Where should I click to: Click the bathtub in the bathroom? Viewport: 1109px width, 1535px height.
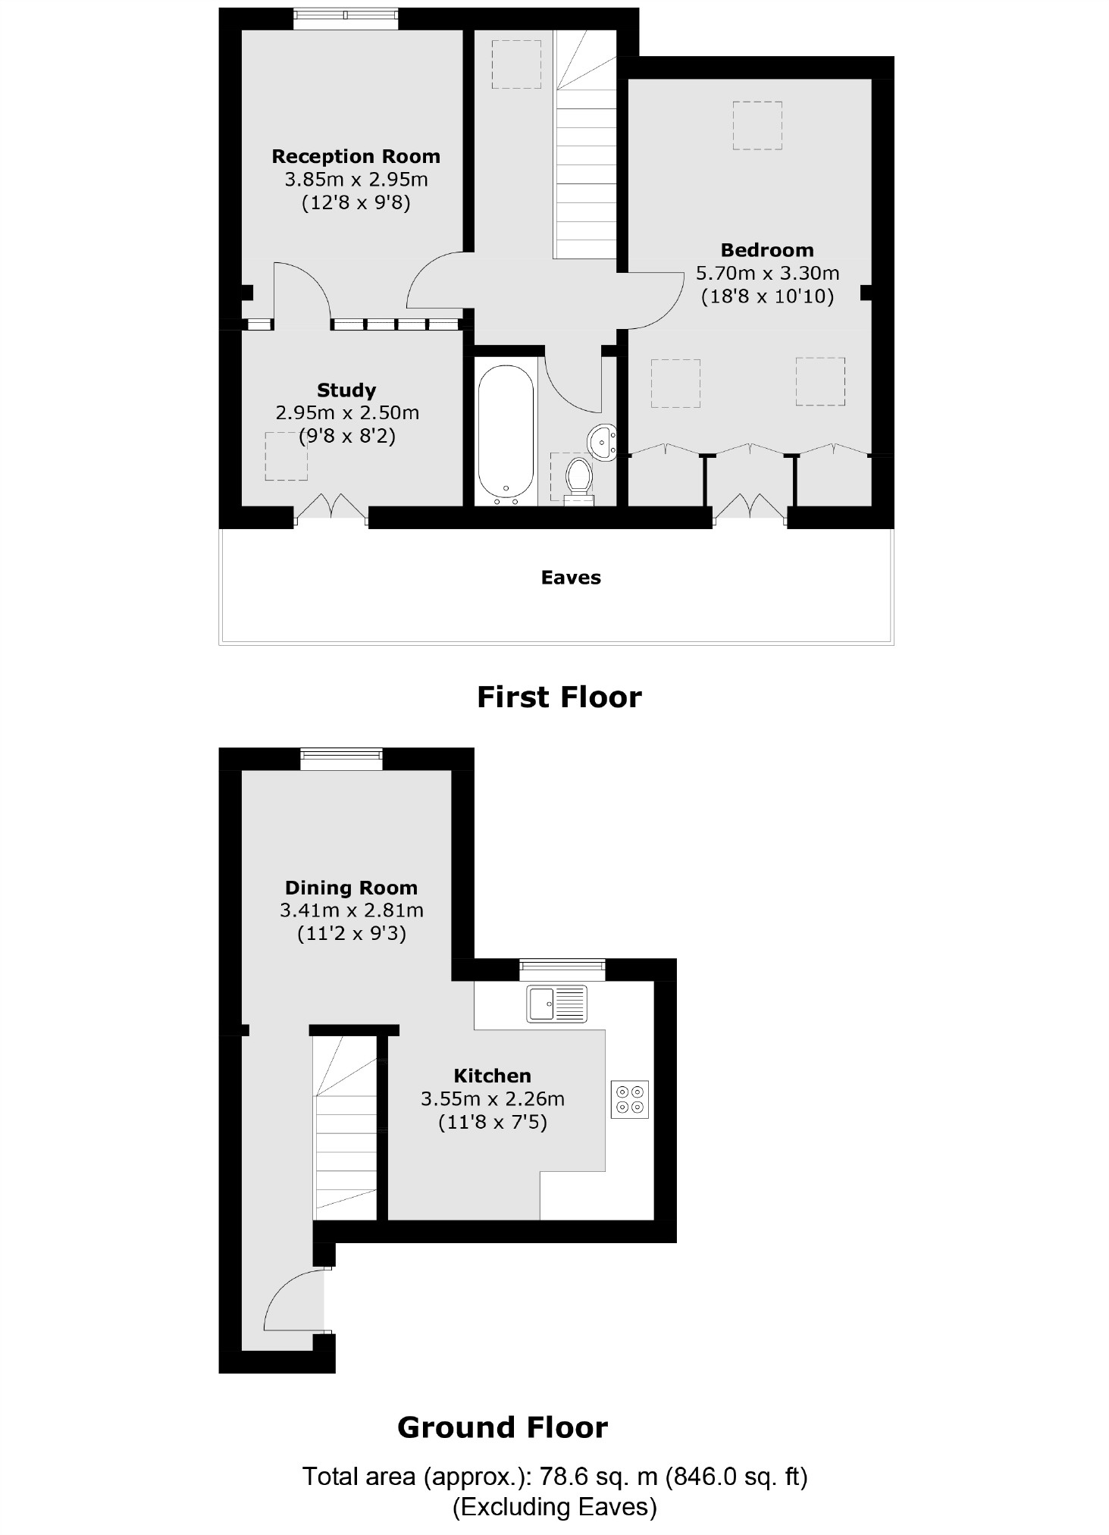tap(506, 434)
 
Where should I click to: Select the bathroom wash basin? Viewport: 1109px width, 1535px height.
tap(603, 442)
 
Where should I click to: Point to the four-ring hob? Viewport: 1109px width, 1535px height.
tap(630, 1099)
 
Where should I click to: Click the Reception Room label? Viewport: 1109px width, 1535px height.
tap(356, 157)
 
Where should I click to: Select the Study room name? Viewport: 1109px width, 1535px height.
tap(346, 390)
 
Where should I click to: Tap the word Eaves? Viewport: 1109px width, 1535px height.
tap(571, 578)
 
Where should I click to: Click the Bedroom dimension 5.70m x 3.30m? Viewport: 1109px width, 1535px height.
tap(767, 273)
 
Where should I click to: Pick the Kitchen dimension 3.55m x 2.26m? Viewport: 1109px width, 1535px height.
tap(493, 1098)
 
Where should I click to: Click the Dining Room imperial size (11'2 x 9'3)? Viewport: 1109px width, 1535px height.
tap(351, 933)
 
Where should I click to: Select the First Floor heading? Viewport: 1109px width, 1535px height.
tap(559, 697)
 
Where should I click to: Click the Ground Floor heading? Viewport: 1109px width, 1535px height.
tap(503, 1427)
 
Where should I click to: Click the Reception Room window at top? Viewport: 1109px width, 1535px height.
tap(345, 18)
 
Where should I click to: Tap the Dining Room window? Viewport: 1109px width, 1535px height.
tap(341, 758)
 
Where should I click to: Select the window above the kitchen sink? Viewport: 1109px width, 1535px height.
tap(562, 969)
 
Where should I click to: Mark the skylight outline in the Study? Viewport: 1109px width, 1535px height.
tap(287, 456)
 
